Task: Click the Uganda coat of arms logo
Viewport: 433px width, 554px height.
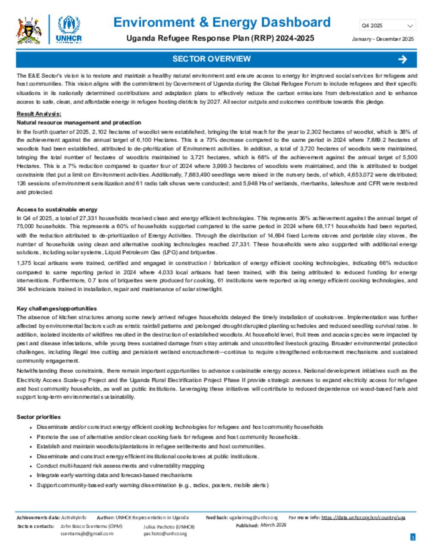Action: point(29,30)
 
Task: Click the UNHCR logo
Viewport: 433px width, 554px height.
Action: point(69,30)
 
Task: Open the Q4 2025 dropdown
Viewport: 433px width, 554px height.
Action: point(387,26)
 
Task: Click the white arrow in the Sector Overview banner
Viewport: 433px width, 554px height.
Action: point(402,59)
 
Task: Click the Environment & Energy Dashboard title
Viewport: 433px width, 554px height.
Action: point(222,22)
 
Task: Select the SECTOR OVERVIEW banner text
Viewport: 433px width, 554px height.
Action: point(211,59)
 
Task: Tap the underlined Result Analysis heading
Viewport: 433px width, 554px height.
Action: point(39,114)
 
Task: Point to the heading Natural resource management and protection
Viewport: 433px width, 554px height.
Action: point(79,122)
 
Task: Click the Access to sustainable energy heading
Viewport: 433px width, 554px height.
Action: point(57,209)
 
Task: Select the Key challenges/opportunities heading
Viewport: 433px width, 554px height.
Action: point(57,308)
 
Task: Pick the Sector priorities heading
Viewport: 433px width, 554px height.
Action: point(38,417)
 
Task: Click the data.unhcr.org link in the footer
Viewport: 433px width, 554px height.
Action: point(363,518)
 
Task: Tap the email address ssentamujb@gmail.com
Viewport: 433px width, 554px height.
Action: point(87,534)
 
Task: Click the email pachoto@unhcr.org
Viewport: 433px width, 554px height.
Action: point(165,534)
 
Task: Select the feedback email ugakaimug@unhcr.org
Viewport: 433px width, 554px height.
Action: point(253,518)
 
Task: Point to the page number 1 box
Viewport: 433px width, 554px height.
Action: point(413,537)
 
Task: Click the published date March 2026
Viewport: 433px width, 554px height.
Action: point(273,525)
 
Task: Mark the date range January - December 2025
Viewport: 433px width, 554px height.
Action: point(383,39)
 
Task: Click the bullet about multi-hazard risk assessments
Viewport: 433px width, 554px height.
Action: point(121,465)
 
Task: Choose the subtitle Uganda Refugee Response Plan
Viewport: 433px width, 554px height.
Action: point(220,38)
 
